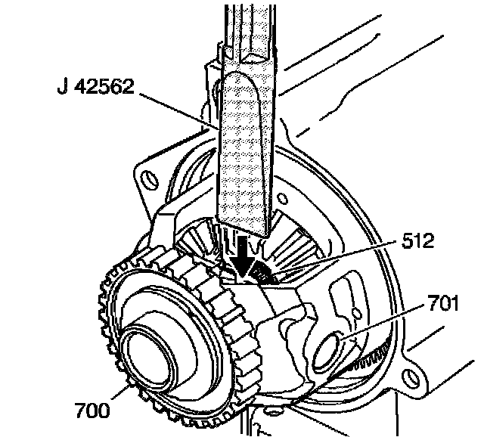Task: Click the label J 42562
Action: click(95, 88)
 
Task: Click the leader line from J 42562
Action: click(174, 105)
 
